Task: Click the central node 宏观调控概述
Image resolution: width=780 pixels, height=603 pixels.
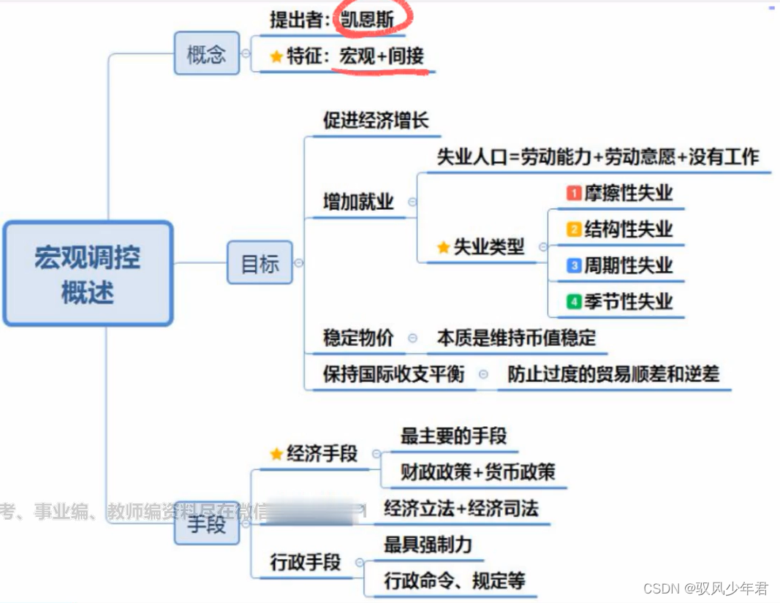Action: [x=88, y=273]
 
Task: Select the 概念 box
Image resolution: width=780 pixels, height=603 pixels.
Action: [x=206, y=53]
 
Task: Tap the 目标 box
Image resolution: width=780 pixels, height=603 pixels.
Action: [x=260, y=262]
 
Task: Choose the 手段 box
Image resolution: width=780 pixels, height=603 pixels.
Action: [x=206, y=523]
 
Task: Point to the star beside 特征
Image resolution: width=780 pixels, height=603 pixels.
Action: [x=276, y=57]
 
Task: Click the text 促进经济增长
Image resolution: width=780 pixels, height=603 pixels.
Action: [x=376, y=121]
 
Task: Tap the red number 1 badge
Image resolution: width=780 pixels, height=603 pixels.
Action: [x=574, y=193]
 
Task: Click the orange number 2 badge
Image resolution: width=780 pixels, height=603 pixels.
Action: [x=574, y=230]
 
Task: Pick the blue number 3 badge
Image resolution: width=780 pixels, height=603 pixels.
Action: [x=574, y=266]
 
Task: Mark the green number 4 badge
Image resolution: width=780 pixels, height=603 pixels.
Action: [x=574, y=302]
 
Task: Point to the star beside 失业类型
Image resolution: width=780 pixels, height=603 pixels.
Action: [x=443, y=248]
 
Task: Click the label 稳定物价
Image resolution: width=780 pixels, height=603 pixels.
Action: [x=358, y=338]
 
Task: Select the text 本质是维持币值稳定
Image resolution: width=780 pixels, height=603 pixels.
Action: [x=516, y=338]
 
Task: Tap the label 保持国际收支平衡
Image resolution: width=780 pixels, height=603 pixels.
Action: [x=393, y=374]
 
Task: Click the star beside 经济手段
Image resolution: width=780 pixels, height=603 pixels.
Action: [x=276, y=455]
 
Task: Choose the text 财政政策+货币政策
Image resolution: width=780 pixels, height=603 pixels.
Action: [x=477, y=472]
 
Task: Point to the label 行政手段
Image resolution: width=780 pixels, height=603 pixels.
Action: [x=306, y=562]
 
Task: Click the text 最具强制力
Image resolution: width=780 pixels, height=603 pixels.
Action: [x=428, y=545]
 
